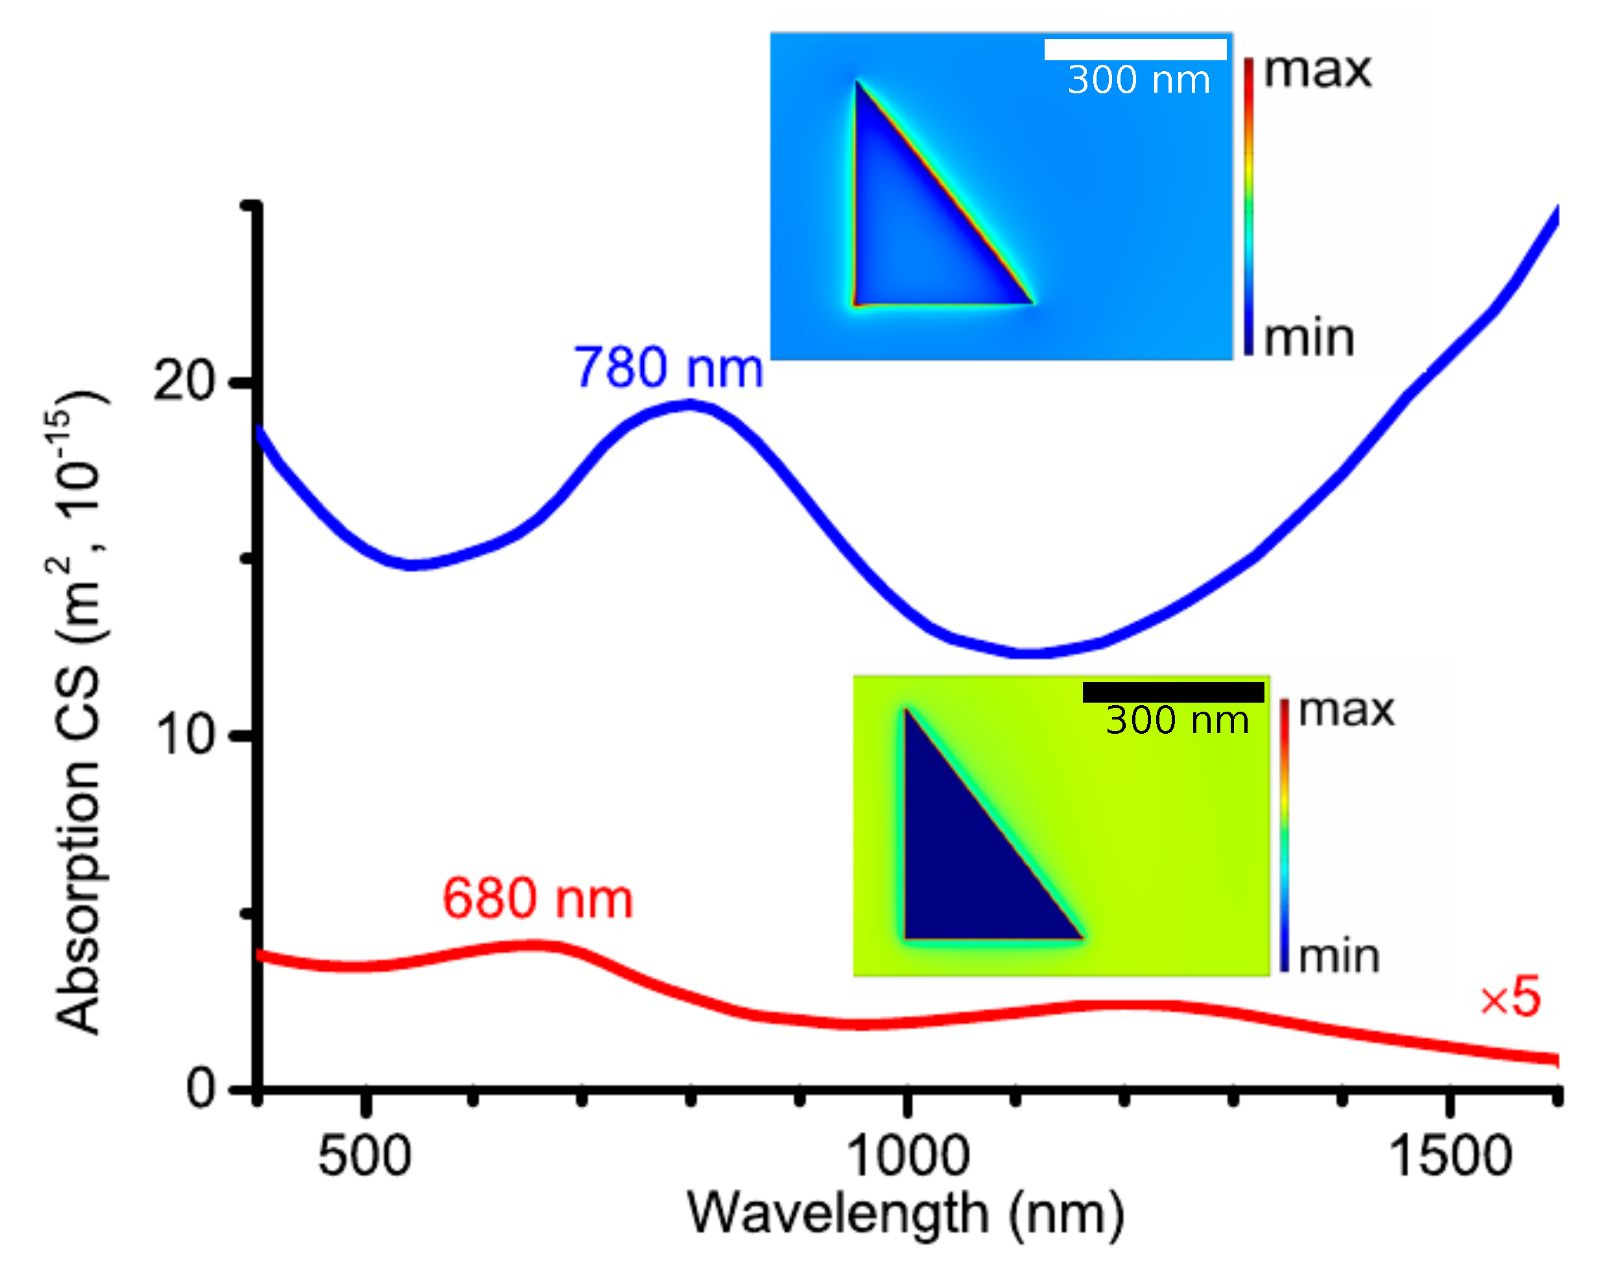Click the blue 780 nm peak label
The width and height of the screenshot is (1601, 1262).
[x=667, y=368]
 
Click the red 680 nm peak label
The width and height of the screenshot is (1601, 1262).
[x=538, y=898]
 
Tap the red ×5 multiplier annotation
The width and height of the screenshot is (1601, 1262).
[x=1510, y=998]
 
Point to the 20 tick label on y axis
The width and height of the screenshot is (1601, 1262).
[x=183, y=382]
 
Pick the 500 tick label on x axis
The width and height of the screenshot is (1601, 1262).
[x=364, y=1157]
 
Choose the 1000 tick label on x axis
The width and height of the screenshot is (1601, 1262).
[x=907, y=1157]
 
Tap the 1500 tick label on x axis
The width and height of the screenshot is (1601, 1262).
[x=1449, y=1157]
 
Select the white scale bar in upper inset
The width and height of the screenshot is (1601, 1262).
[x=1135, y=49]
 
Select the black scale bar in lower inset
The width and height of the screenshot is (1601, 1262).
[x=1172, y=692]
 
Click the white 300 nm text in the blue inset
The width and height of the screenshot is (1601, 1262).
[x=1138, y=80]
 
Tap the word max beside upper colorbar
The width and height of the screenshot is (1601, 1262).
[x=1316, y=72]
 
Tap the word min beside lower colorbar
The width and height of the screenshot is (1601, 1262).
[x=1338, y=957]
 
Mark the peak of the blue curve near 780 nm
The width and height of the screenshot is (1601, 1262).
[x=690, y=404]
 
